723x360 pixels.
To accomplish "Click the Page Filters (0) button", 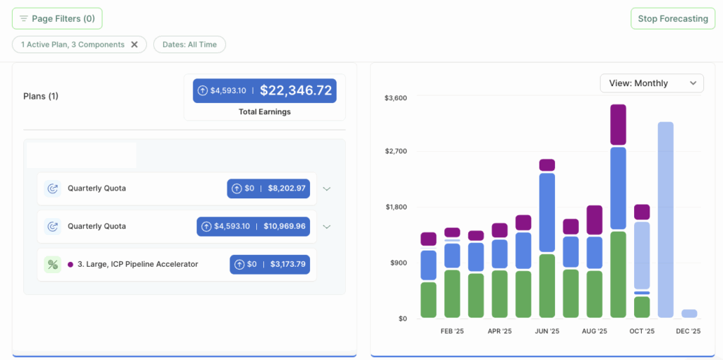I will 57,18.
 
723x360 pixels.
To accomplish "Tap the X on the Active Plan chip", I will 134,44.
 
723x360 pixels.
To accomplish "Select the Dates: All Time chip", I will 189,44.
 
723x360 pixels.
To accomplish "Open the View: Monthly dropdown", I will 651,83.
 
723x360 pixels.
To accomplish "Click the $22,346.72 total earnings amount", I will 295,90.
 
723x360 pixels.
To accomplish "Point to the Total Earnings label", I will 265,112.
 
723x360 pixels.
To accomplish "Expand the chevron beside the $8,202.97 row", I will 326,188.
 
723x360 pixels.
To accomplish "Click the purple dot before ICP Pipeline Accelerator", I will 71,265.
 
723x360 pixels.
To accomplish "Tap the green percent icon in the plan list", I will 52,265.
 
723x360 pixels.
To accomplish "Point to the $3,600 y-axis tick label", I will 395,97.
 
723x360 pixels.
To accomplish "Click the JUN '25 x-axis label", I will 547,330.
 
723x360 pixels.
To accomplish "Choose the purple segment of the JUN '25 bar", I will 547,165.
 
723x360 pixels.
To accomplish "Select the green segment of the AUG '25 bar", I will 594,294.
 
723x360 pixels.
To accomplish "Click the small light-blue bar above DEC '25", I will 689,313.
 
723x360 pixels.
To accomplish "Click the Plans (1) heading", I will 41,96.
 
